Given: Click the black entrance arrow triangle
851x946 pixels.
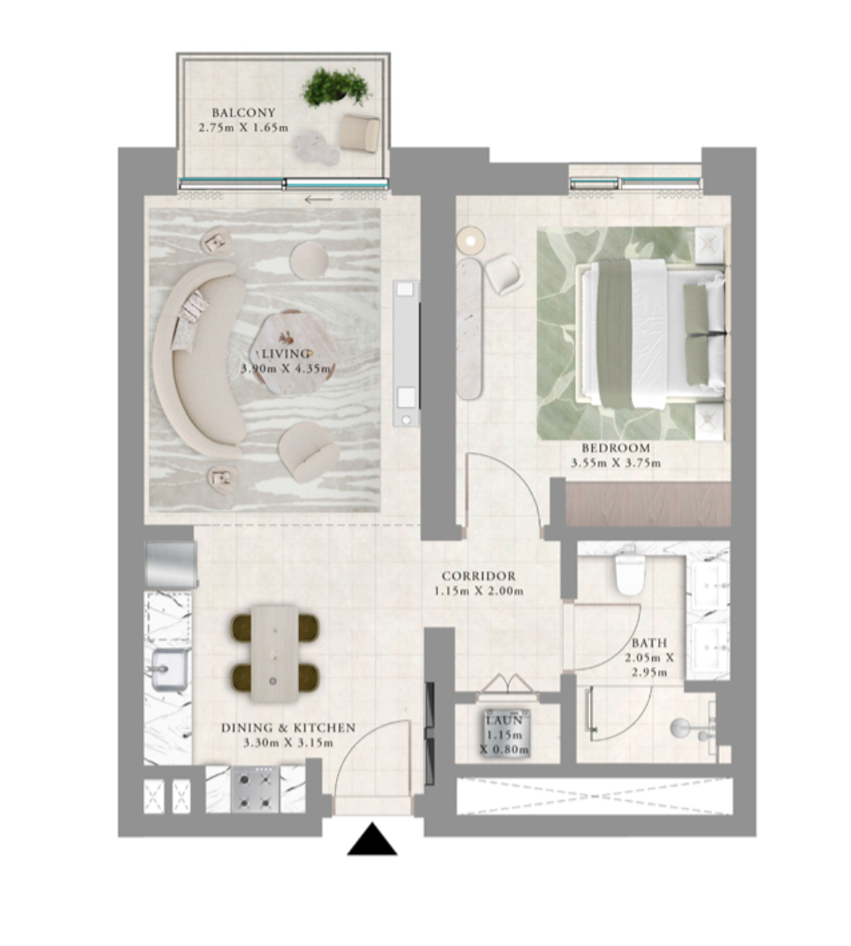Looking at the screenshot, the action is click(372, 840).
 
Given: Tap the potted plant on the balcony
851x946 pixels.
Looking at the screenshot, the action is click(335, 87).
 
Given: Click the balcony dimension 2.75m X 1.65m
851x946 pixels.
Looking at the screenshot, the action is click(243, 128).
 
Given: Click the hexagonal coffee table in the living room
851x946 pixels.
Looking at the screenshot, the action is click(294, 352).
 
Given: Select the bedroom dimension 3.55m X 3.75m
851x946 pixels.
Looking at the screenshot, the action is click(616, 463).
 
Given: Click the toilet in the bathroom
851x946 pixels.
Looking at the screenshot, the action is click(631, 570).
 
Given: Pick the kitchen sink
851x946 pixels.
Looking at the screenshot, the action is click(170, 669).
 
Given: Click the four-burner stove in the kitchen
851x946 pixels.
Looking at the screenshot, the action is click(256, 790).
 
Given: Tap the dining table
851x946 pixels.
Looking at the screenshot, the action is click(274, 653).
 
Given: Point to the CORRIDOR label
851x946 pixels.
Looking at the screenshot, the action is click(479, 576).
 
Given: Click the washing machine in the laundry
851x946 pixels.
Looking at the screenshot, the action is click(507, 734).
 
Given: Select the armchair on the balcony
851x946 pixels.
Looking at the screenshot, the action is click(360, 132).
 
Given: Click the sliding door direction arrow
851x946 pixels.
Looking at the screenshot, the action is click(318, 200).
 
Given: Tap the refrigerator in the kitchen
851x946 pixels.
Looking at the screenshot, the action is click(172, 564).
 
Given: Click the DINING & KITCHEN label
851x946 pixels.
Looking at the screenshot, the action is click(287, 729).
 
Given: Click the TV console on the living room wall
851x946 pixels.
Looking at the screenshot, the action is click(406, 353).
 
